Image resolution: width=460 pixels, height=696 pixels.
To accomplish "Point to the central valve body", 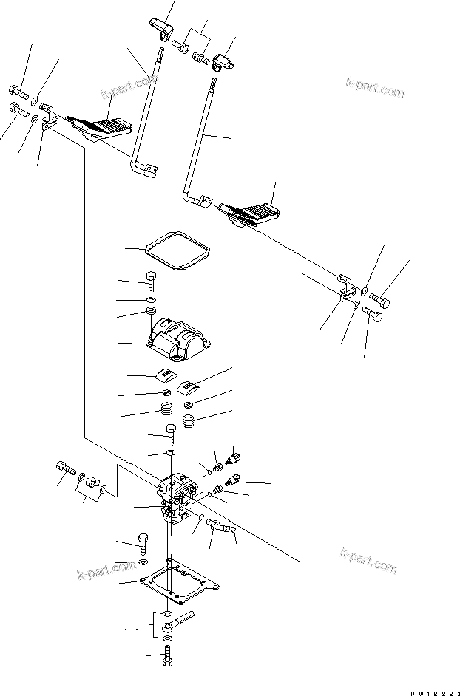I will [178, 499].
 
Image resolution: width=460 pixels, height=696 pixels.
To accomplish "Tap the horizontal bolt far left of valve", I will [64, 468].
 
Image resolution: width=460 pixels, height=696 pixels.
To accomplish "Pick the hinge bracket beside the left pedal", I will [50, 117].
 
